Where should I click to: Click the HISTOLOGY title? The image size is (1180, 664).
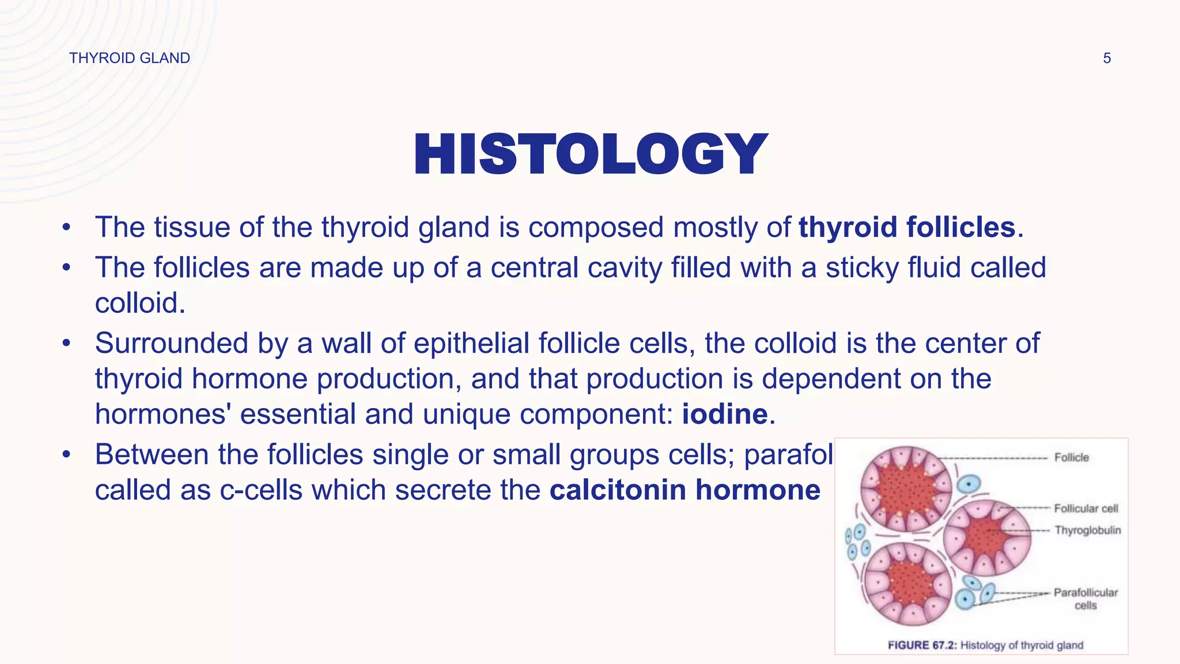(x=590, y=154)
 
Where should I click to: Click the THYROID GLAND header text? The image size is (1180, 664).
(x=130, y=58)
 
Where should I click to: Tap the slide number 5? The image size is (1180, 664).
(x=1107, y=58)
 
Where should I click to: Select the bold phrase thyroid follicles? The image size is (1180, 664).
(x=907, y=227)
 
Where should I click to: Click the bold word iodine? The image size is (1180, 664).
(x=725, y=414)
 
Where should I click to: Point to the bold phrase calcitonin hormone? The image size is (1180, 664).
(x=685, y=490)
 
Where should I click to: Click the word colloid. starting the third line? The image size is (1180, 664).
(x=140, y=303)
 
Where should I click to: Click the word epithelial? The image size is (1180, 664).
(x=471, y=344)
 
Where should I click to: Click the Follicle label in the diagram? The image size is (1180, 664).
(x=1071, y=458)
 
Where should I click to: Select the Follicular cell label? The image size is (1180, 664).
(x=1086, y=508)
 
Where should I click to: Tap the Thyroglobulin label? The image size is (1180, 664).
(x=1087, y=530)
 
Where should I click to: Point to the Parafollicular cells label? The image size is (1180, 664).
(x=1086, y=598)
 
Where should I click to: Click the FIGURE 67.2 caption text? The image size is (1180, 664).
(x=985, y=645)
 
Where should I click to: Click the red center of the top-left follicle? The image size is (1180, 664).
(x=906, y=489)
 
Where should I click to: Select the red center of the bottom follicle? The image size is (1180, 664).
(x=909, y=583)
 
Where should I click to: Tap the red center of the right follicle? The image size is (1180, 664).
(x=986, y=537)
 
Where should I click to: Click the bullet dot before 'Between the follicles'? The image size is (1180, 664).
(x=67, y=455)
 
